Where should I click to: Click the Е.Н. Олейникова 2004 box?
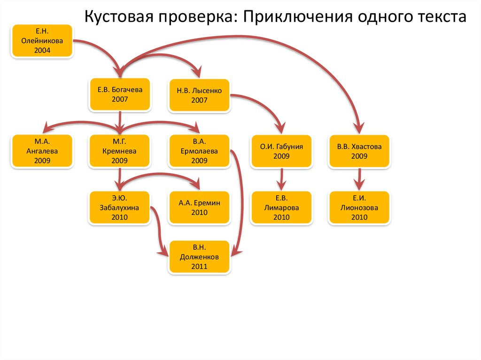pyautogui.click(x=42, y=41)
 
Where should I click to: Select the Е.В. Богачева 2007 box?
pyautogui.click(x=120, y=94)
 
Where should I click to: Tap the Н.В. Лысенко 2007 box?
pyautogui.click(x=200, y=95)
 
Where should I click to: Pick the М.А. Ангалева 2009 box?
pyautogui.click(x=42, y=151)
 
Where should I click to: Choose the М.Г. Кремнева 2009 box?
pyautogui.click(x=120, y=151)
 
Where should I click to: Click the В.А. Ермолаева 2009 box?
pyautogui.click(x=200, y=151)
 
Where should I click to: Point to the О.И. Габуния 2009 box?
pyautogui.click(x=281, y=151)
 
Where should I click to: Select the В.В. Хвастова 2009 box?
pyautogui.click(x=359, y=151)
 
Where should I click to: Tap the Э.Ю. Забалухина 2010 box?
pyautogui.click(x=120, y=207)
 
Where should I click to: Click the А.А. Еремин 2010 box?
pyautogui.click(x=200, y=207)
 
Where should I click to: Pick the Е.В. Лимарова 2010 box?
pyautogui.click(x=281, y=207)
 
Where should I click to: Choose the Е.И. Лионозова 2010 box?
pyautogui.click(x=359, y=207)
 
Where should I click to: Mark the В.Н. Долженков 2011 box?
pyautogui.click(x=200, y=257)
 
